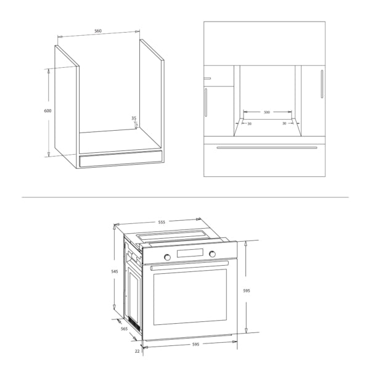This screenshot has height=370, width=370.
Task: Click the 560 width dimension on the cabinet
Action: click(x=98, y=31)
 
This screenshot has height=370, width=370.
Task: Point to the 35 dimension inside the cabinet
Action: click(x=134, y=118)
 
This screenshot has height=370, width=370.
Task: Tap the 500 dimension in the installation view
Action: click(x=266, y=112)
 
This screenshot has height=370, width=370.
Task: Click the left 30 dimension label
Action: click(x=249, y=124)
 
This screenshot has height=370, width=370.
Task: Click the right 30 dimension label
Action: click(x=284, y=124)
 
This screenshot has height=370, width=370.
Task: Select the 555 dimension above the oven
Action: click(x=162, y=222)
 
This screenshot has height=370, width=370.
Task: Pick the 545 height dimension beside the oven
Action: click(x=115, y=271)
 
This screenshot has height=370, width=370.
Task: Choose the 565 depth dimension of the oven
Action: click(x=124, y=329)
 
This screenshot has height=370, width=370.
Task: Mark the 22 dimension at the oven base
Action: click(x=138, y=351)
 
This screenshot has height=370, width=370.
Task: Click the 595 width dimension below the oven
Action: click(x=195, y=344)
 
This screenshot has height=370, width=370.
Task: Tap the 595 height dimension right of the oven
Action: click(x=246, y=290)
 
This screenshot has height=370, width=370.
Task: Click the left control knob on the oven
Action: click(x=167, y=256)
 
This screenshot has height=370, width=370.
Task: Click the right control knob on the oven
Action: click(x=212, y=254)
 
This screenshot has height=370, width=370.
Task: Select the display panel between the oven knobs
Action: click(x=190, y=255)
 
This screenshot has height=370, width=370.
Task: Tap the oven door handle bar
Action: click(x=189, y=265)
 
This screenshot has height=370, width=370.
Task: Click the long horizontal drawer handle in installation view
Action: click(x=266, y=148)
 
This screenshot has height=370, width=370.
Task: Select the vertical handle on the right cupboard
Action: click(x=321, y=83)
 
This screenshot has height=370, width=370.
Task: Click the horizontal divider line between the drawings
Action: click(x=185, y=197)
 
